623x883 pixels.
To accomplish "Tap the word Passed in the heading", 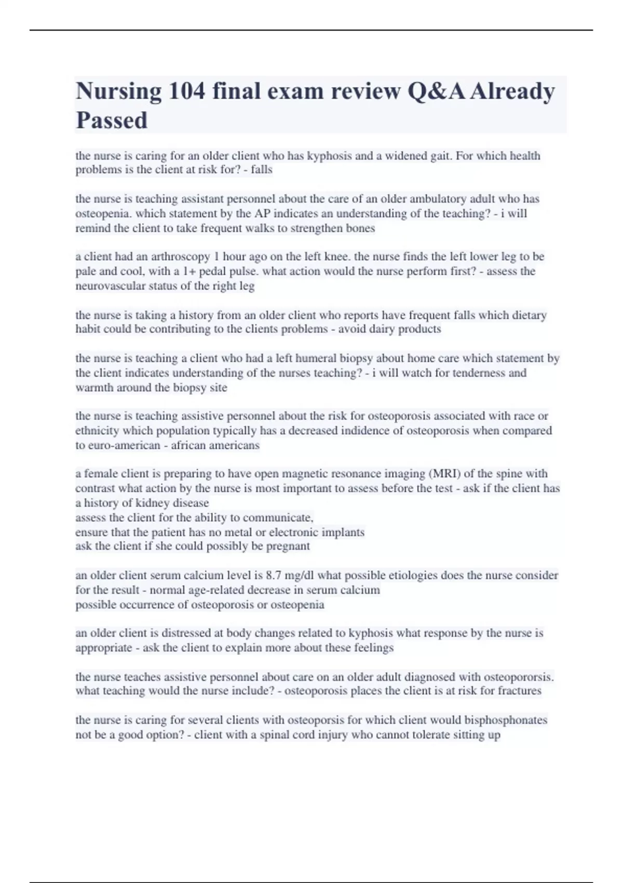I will point(112,121).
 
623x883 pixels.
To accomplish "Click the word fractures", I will point(520,691).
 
